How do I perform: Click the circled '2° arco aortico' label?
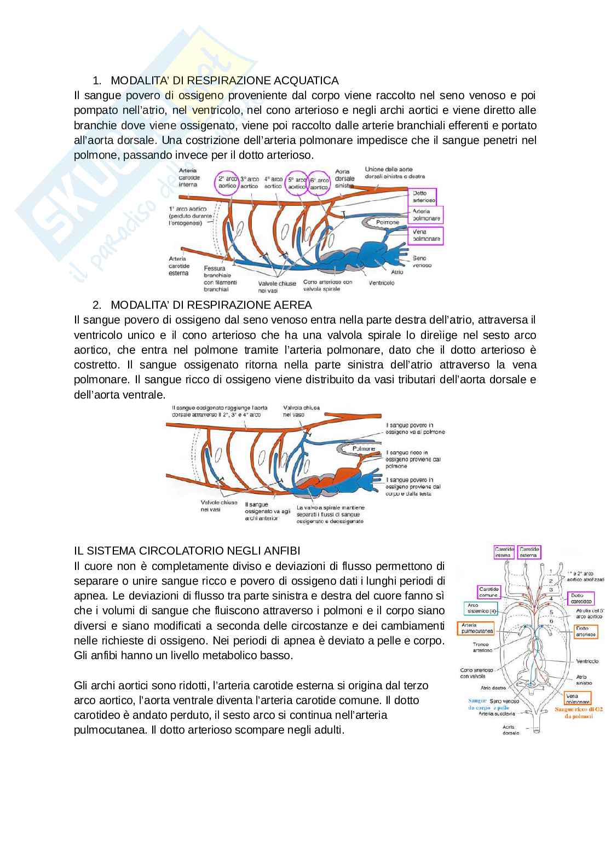click(x=227, y=182)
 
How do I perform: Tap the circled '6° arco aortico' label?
click(x=319, y=183)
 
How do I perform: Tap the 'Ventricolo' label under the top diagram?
click(x=383, y=283)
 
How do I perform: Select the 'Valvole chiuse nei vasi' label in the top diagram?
click(x=277, y=287)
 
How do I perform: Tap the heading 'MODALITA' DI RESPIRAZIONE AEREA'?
click(x=211, y=304)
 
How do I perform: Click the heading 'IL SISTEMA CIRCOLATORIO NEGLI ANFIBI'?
click(x=187, y=550)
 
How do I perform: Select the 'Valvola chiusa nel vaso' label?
click(x=302, y=411)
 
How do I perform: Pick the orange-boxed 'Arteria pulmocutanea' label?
click(x=477, y=627)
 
